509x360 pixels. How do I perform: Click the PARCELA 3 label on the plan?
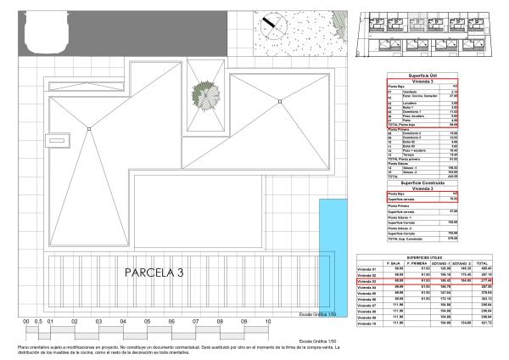point(154,273)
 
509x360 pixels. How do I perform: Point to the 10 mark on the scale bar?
point(268,323)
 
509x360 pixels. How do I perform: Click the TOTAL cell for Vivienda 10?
point(487,323)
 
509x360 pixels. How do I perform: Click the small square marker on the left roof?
point(87,129)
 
